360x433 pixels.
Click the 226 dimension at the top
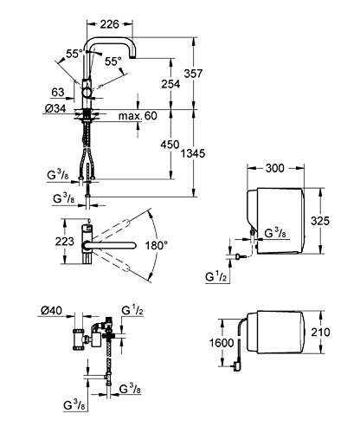[109, 24]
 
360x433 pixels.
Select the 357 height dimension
[193, 74]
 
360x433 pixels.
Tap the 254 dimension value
[170, 84]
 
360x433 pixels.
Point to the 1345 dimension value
[193, 153]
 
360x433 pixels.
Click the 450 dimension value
[170, 144]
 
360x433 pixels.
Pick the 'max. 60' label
[138, 116]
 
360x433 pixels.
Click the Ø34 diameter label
[55, 108]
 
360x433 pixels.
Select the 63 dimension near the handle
[58, 92]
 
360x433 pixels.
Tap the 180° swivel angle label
[157, 246]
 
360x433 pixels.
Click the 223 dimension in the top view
[65, 241]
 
